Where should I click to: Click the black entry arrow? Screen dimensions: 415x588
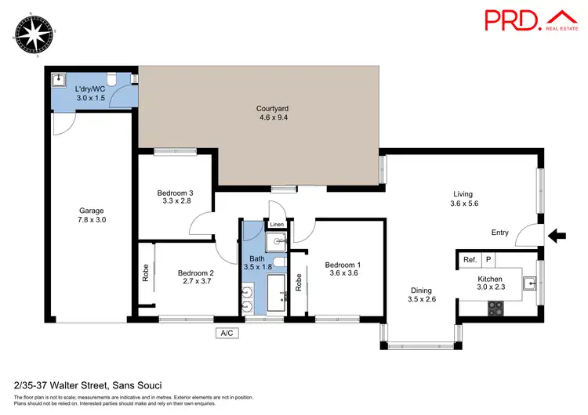(x=557, y=233)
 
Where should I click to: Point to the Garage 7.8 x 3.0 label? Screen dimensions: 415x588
(x=92, y=215)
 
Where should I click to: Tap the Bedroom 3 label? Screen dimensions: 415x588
(x=175, y=197)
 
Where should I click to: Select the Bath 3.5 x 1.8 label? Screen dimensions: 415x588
(x=257, y=263)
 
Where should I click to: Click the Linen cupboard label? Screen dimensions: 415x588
(x=277, y=226)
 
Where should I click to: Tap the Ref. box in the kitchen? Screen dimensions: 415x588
(x=470, y=260)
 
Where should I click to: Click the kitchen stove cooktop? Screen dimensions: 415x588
(x=495, y=309)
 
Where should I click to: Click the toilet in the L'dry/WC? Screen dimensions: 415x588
(x=113, y=79)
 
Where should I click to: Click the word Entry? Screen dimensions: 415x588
(x=499, y=233)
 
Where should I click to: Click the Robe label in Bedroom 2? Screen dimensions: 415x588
(x=146, y=272)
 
